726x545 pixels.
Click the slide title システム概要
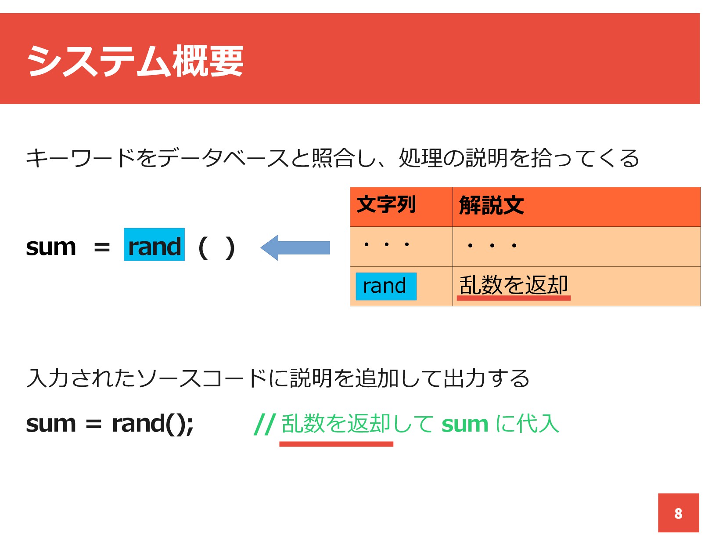pos(135,61)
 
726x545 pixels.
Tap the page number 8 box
pos(678,513)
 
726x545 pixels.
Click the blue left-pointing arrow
pos(295,247)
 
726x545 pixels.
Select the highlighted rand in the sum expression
pos(154,245)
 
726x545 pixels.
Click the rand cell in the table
pos(385,287)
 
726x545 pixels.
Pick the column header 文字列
pos(386,205)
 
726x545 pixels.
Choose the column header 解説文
pos(492,205)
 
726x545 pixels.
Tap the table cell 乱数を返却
pos(514,285)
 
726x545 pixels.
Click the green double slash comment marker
pos(265,424)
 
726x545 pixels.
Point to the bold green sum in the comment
pos(465,424)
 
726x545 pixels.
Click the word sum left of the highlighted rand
pos(51,247)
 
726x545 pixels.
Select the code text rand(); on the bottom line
pos(153,424)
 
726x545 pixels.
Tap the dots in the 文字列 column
pos(386,244)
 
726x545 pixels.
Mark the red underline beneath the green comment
pos(336,444)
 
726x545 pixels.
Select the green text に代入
pos(527,424)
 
